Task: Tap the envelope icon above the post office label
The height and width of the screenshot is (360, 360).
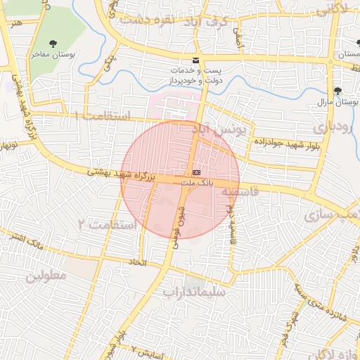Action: pos(195,60)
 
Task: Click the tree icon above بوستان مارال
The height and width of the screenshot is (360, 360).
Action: pos(338,91)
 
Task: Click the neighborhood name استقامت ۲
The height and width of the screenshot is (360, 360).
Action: pos(103,224)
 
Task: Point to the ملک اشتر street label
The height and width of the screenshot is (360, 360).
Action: pos(24,241)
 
